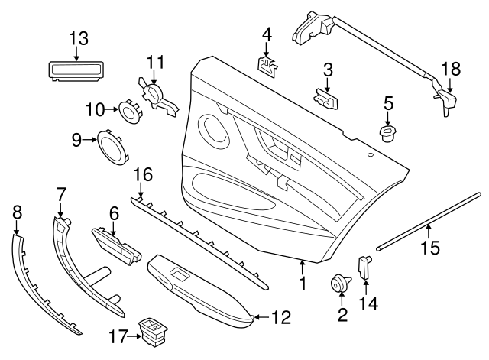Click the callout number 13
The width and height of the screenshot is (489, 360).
tap(79, 37)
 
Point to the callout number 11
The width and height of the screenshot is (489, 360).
tap(156, 61)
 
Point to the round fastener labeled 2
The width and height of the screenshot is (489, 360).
tap(336, 285)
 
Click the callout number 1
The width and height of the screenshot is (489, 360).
tap(303, 284)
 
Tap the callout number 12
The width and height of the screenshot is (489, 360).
tap(281, 316)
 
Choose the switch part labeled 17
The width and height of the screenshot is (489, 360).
tap(150, 329)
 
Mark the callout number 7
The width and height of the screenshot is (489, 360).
tap(61, 196)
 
